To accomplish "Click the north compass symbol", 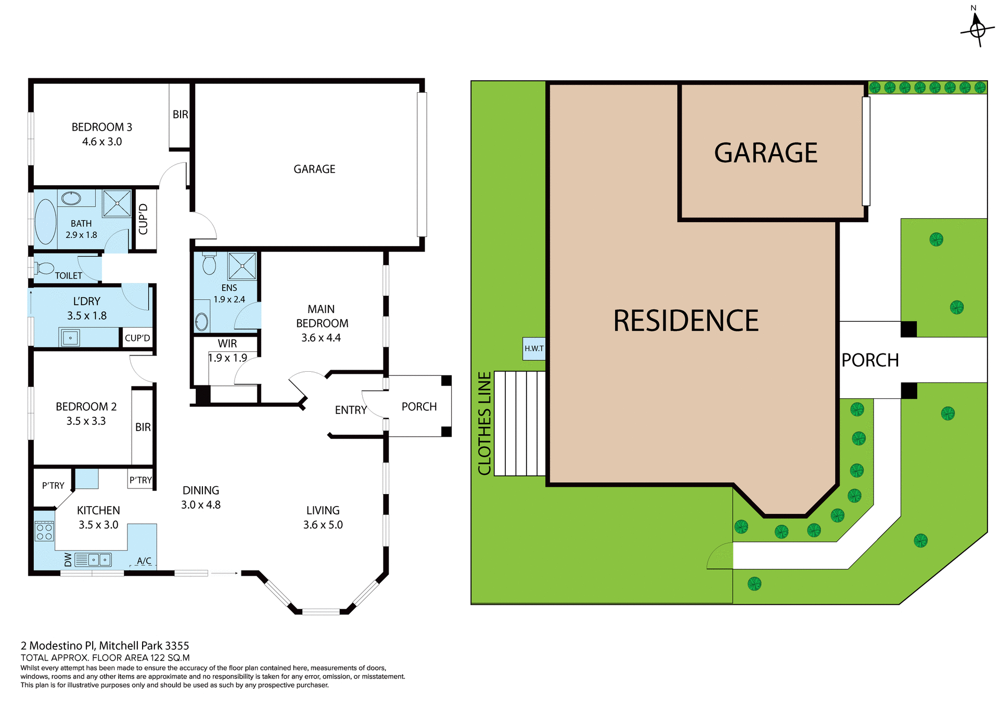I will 977,29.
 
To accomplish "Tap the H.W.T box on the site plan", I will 534,349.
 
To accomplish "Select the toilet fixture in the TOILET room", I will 44,269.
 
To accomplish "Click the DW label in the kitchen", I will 68,560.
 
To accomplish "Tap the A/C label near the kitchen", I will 144,561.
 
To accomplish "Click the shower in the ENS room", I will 242,266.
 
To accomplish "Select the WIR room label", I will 227,344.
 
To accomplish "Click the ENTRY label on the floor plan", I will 351,410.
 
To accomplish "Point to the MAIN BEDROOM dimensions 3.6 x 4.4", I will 321,338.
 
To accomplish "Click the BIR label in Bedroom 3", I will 180,115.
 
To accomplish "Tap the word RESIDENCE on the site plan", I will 685,321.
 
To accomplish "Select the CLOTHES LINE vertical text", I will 484,423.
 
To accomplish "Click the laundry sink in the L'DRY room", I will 70,338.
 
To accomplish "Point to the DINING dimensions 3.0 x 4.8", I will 201,505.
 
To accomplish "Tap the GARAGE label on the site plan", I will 765,153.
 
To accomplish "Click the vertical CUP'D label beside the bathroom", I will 144,219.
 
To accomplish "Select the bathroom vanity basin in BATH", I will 71,198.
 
